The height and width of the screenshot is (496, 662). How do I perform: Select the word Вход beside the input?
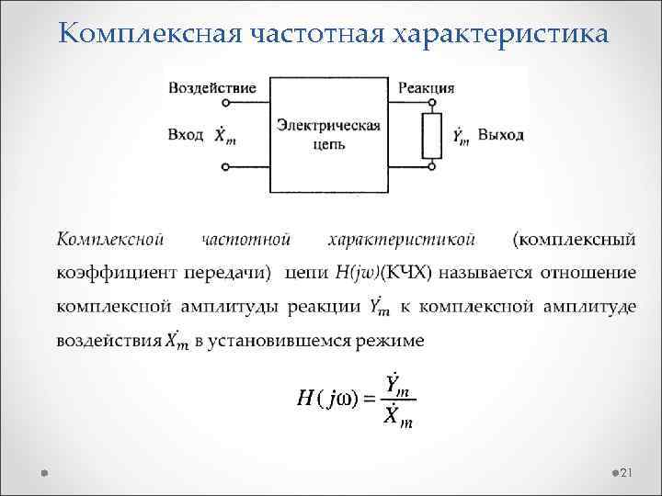click(186, 135)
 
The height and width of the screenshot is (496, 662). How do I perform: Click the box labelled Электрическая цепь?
click(328, 129)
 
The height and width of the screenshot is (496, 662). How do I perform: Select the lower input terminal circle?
click(226, 168)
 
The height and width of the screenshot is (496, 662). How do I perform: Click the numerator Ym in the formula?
click(398, 385)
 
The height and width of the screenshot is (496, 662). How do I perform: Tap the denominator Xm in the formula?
click(398, 418)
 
